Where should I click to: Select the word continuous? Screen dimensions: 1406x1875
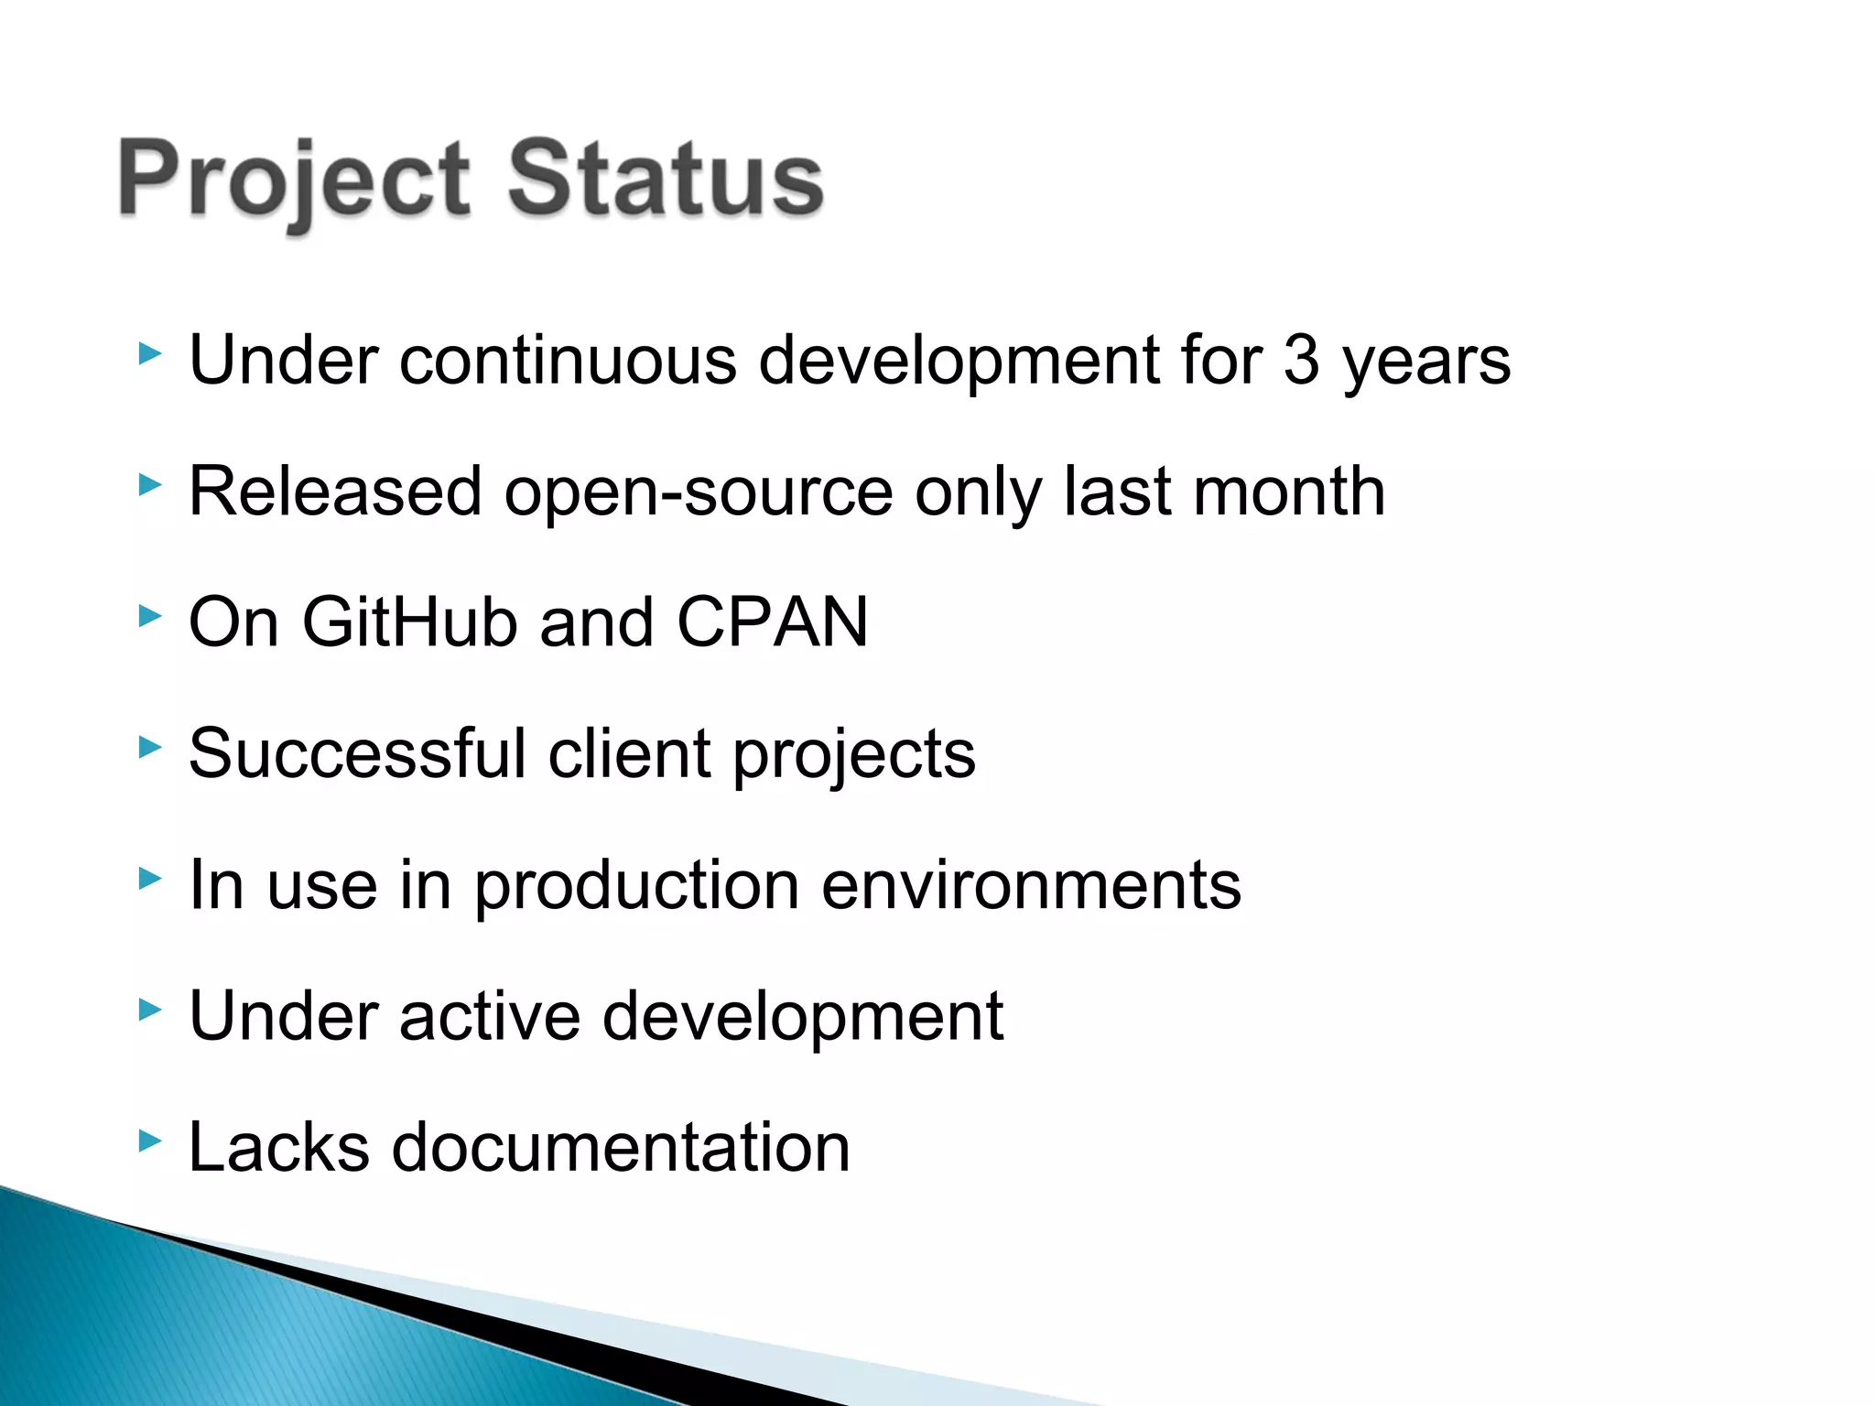tap(568, 360)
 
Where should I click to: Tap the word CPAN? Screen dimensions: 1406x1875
tap(772, 622)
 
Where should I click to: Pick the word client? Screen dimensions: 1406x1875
tap(630, 753)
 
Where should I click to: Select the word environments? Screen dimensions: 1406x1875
tap(1031, 886)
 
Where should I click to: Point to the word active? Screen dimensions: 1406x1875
tap(489, 1016)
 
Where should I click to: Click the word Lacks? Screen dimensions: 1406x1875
tap(278, 1147)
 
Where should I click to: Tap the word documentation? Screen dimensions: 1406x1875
tap(621, 1147)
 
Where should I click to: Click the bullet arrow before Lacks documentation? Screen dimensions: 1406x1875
tap(150, 1141)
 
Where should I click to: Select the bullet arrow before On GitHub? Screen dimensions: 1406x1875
tap(150, 616)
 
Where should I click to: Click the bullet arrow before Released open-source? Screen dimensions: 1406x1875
tap(150, 484)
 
